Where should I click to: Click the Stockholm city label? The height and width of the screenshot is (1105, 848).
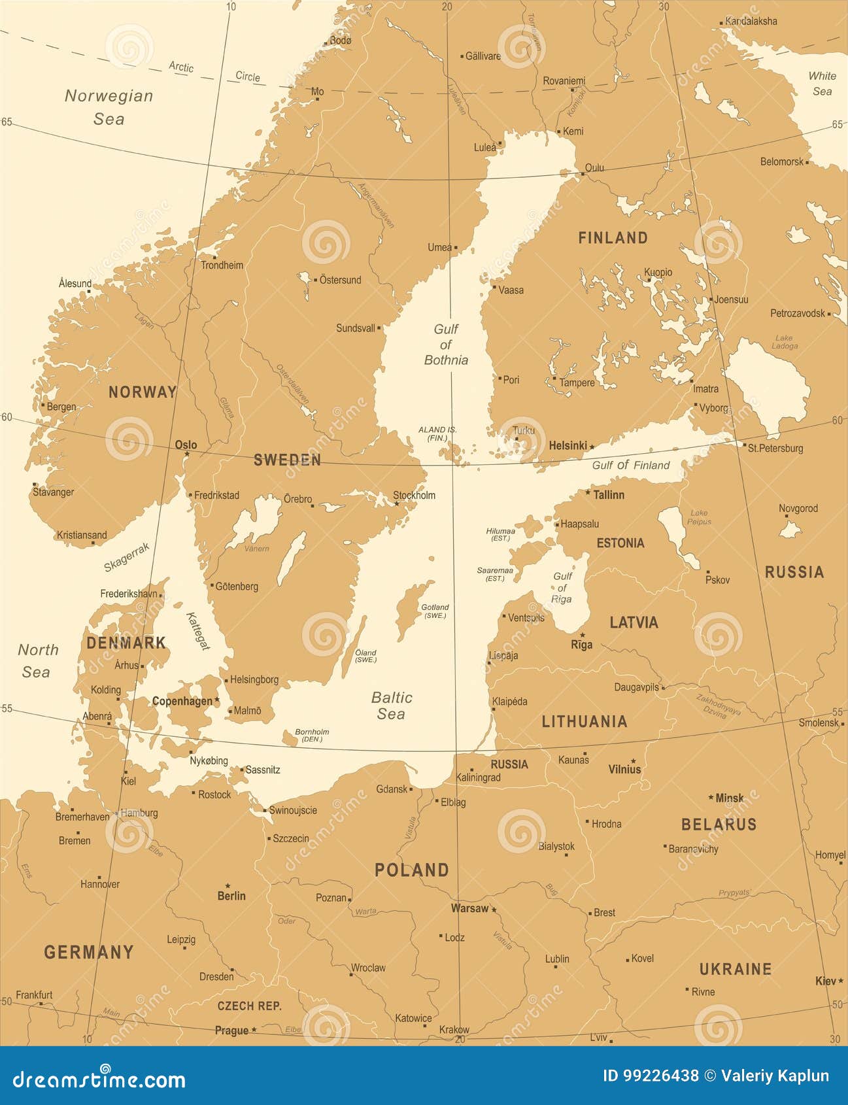(414, 495)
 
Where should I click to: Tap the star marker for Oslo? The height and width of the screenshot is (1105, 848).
(186, 453)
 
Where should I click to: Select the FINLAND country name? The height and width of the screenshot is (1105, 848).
(613, 238)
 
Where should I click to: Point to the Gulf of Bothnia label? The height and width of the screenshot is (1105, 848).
(446, 345)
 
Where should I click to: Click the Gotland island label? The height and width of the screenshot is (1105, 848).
(435, 611)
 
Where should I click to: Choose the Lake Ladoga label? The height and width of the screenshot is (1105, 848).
(784, 342)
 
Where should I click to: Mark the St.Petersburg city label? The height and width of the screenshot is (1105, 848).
(775, 449)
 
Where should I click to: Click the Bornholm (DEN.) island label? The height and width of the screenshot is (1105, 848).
(312, 736)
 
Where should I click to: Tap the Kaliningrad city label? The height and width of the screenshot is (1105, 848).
(478, 777)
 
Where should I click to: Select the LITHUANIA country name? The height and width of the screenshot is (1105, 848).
(584, 722)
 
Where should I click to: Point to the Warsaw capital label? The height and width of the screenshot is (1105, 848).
(469, 908)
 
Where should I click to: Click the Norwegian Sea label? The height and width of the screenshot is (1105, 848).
(109, 107)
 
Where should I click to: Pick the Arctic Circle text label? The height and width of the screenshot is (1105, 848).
(214, 71)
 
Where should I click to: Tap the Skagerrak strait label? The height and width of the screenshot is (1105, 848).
(126, 556)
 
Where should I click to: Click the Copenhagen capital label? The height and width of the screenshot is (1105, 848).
(182, 701)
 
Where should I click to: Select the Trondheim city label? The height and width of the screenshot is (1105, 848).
(222, 265)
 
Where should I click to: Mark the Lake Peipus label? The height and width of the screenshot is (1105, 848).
(699, 517)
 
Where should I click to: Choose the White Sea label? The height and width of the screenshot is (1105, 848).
(822, 83)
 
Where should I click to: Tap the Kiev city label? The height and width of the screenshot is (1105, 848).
(825, 981)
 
